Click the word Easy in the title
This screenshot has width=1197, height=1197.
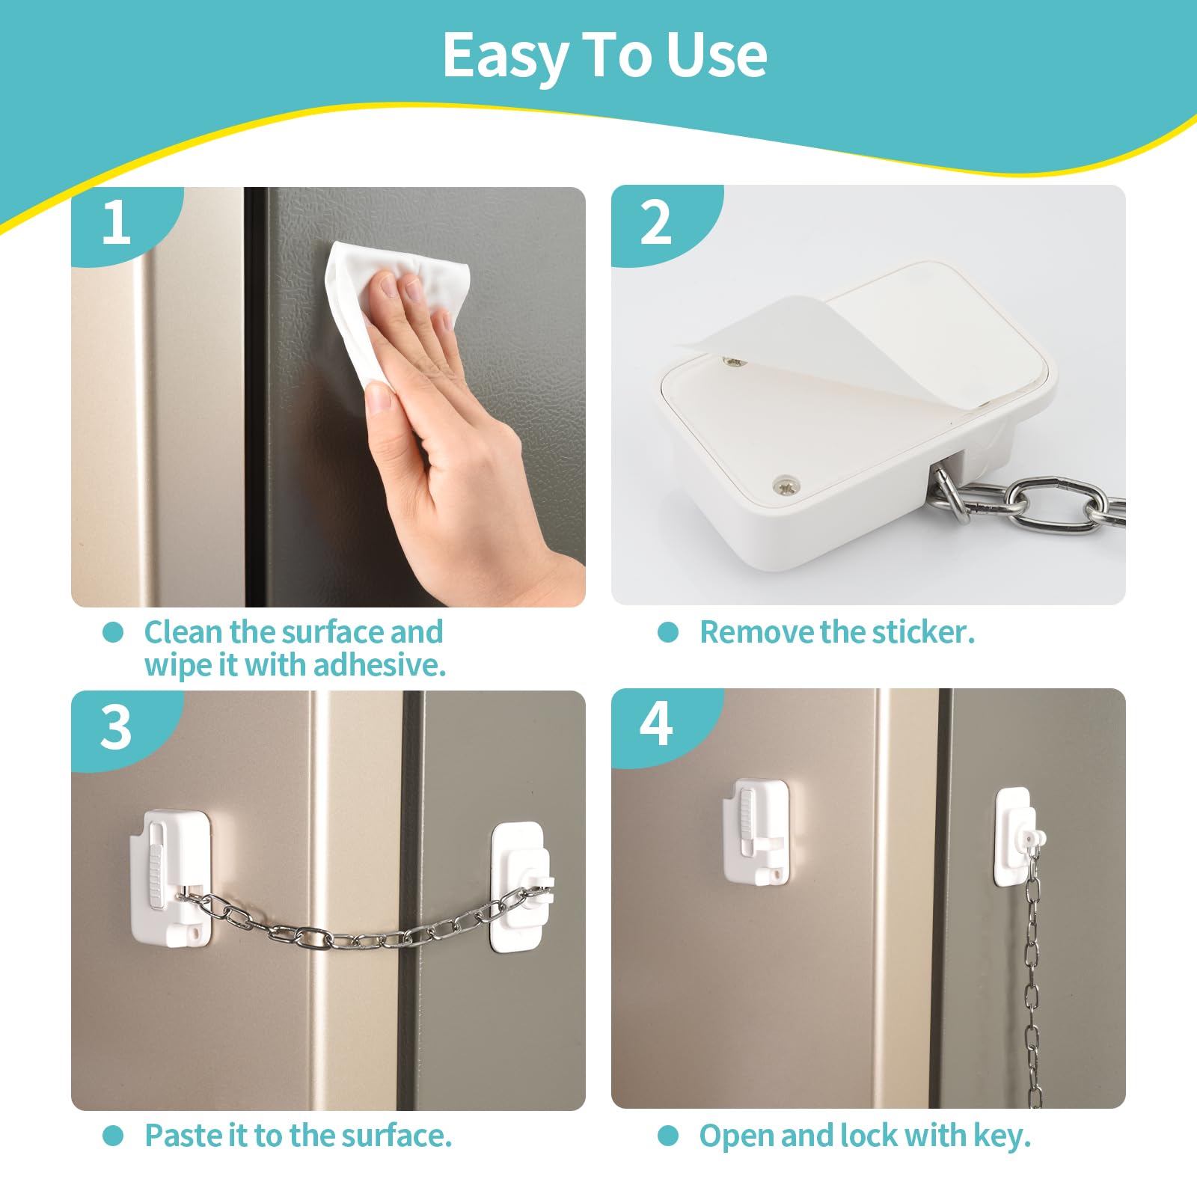pos(506,57)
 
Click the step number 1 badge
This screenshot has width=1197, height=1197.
pos(116,222)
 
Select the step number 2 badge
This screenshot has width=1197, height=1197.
pos(656,222)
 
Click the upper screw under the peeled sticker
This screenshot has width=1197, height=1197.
pos(734,362)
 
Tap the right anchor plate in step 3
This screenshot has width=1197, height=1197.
pos(519,887)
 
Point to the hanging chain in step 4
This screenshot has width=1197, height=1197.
pos(1033,973)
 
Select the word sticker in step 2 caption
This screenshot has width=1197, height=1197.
pos(924,632)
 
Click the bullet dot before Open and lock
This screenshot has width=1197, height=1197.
pos(668,1136)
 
